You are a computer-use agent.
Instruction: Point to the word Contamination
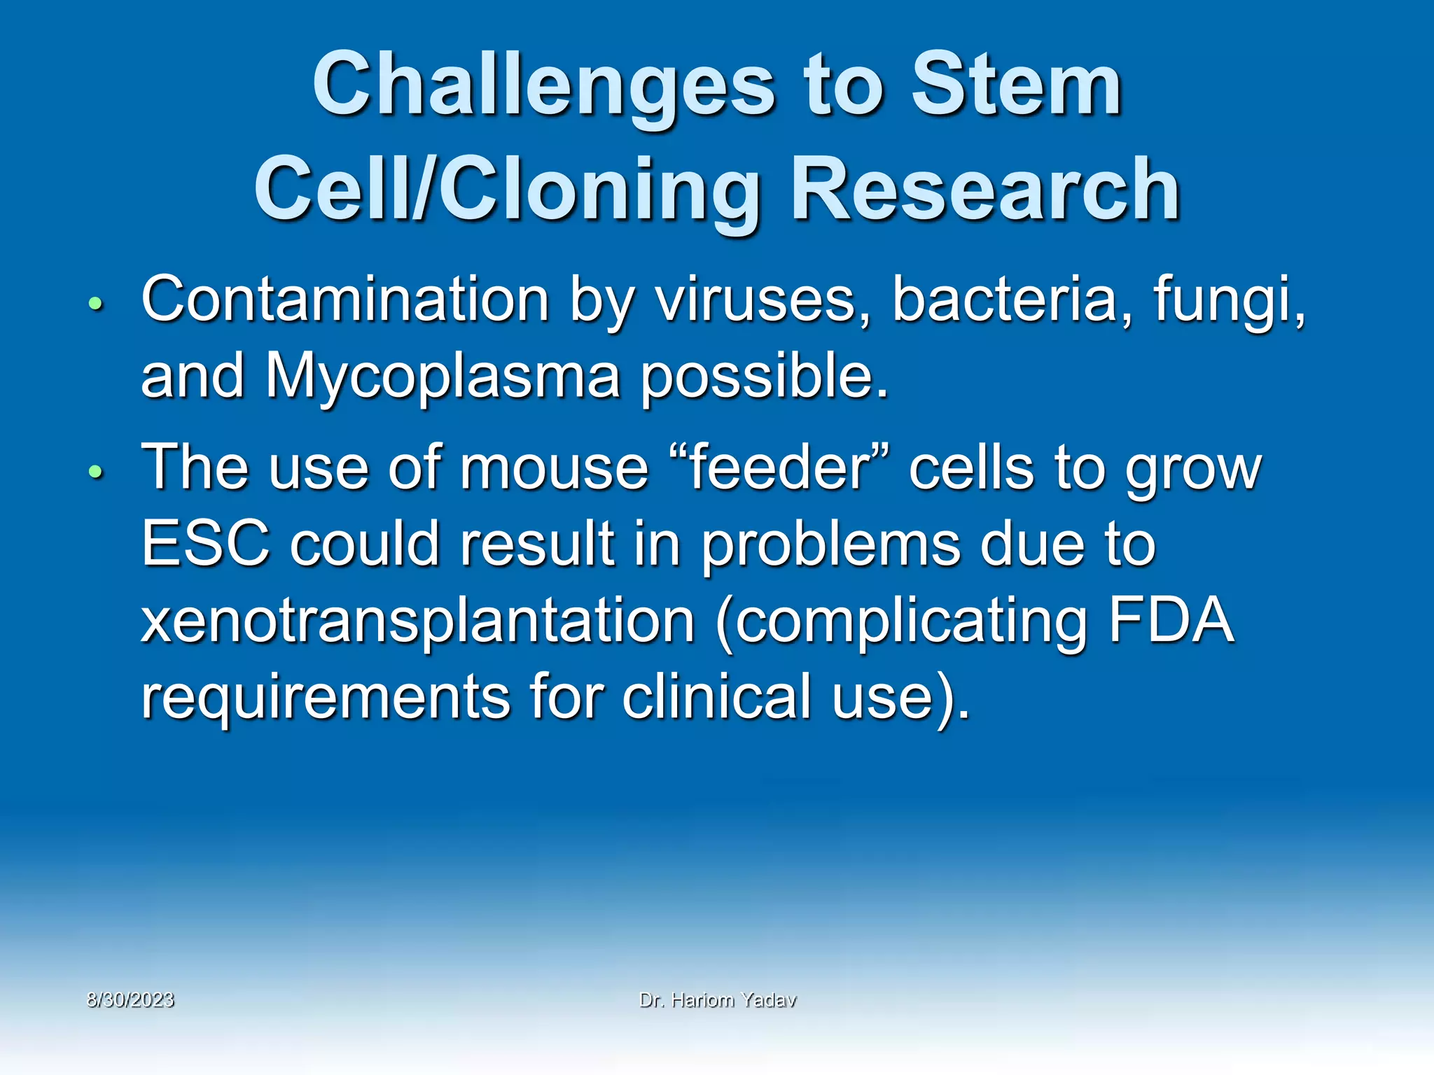click(345, 300)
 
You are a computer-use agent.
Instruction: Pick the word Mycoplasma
click(443, 377)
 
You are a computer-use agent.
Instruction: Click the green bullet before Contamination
click(96, 304)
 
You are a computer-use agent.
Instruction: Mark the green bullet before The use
click(96, 472)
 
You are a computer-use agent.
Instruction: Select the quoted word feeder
click(779, 468)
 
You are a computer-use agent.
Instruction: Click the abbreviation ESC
click(205, 544)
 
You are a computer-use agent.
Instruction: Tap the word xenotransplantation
click(418, 620)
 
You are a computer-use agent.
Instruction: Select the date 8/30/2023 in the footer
click(130, 999)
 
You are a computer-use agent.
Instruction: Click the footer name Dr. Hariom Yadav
click(718, 1000)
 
